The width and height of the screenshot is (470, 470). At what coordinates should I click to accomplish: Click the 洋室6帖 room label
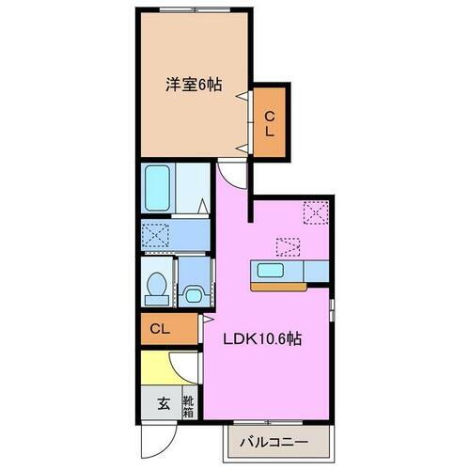(x=196, y=84)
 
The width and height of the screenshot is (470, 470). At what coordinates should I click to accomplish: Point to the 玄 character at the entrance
(x=163, y=405)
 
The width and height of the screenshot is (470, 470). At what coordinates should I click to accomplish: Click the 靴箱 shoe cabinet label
(x=188, y=405)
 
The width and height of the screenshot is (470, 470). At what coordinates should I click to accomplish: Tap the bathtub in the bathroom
(x=158, y=188)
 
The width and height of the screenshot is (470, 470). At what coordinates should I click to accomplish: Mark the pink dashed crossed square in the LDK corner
(x=315, y=212)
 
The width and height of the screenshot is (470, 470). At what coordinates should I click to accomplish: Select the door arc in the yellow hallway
(x=186, y=368)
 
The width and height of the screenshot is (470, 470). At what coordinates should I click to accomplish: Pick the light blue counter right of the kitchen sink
(x=316, y=272)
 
